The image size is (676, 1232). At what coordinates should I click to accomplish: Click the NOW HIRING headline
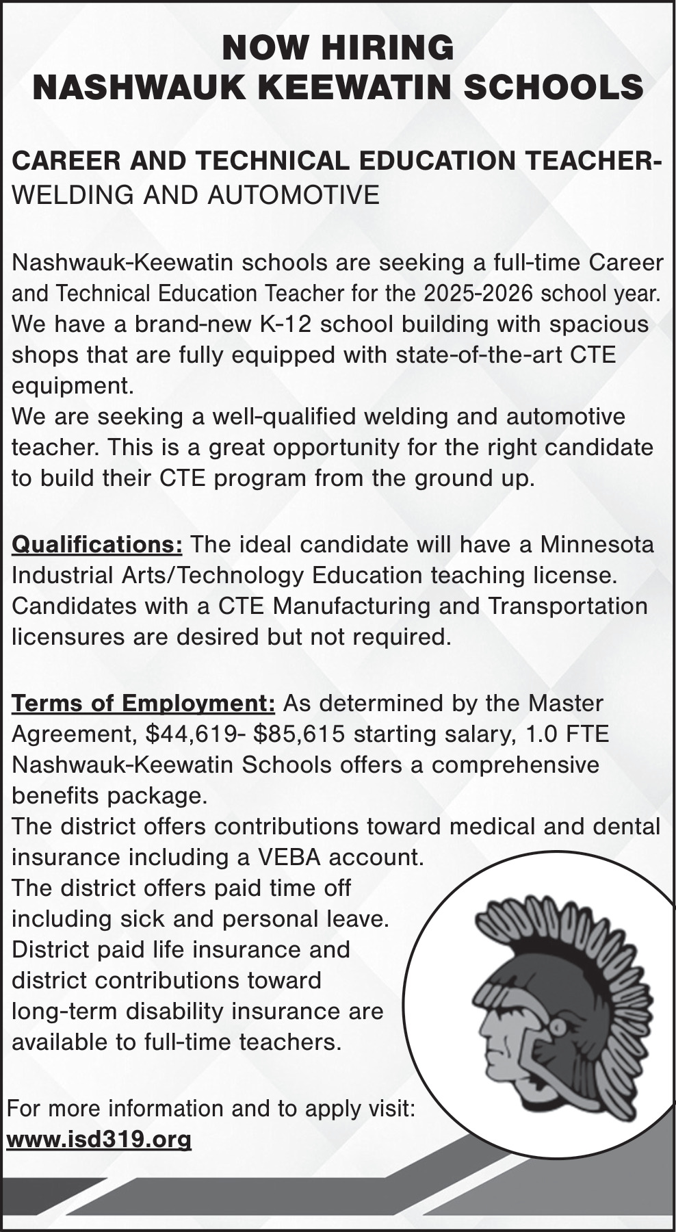pos(338,49)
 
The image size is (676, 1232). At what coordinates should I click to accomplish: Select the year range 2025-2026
pos(478,293)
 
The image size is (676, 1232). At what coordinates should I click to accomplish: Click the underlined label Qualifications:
pos(97,545)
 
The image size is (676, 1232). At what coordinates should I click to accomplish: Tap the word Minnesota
pos(597,545)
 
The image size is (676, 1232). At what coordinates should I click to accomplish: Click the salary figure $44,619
pos(192,734)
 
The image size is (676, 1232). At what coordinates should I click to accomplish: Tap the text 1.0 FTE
pos(567,734)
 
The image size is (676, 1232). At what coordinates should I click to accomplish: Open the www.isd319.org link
pos(99,1140)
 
